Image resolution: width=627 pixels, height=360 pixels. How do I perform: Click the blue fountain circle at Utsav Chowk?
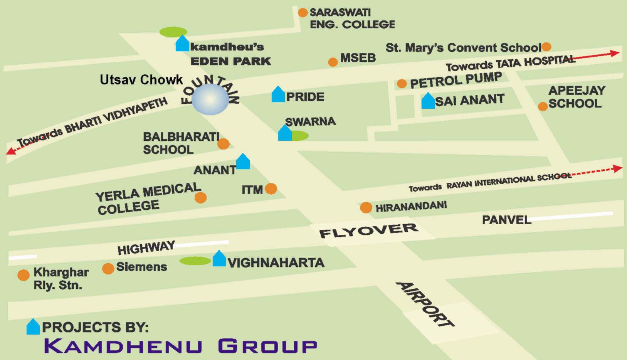coord(210,99)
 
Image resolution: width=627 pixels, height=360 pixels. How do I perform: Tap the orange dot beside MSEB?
coord(333,62)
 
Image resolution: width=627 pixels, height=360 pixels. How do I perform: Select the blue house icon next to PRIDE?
coord(278,95)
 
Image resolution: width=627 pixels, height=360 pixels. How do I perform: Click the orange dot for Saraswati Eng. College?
coord(303,13)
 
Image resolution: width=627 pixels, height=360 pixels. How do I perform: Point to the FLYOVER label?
coord(369,230)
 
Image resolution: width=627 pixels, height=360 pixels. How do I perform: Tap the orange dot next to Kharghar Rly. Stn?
coord(24,275)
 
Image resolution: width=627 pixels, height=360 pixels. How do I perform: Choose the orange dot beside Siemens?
coord(108,268)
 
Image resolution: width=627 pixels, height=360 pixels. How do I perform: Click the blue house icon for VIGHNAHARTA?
coord(219,259)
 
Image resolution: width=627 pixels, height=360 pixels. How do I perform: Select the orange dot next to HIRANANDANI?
coord(366,207)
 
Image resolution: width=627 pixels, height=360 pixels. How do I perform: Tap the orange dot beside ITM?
coord(271,188)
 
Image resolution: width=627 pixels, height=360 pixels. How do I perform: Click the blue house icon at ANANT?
coord(243,162)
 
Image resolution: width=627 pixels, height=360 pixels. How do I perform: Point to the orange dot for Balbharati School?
coord(224,144)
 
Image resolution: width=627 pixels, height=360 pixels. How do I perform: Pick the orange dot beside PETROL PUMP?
coord(402,83)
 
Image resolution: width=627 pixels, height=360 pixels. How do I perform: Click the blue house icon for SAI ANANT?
coord(428,101)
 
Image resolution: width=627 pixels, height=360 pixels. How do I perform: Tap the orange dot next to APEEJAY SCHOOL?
coord(543,106)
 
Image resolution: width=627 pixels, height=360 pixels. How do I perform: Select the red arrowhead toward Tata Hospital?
coord(615,53)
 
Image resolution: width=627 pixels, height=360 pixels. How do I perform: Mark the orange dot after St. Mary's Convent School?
coord(546,47)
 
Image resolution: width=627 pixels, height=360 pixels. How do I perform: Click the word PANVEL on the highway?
coord(506,220)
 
